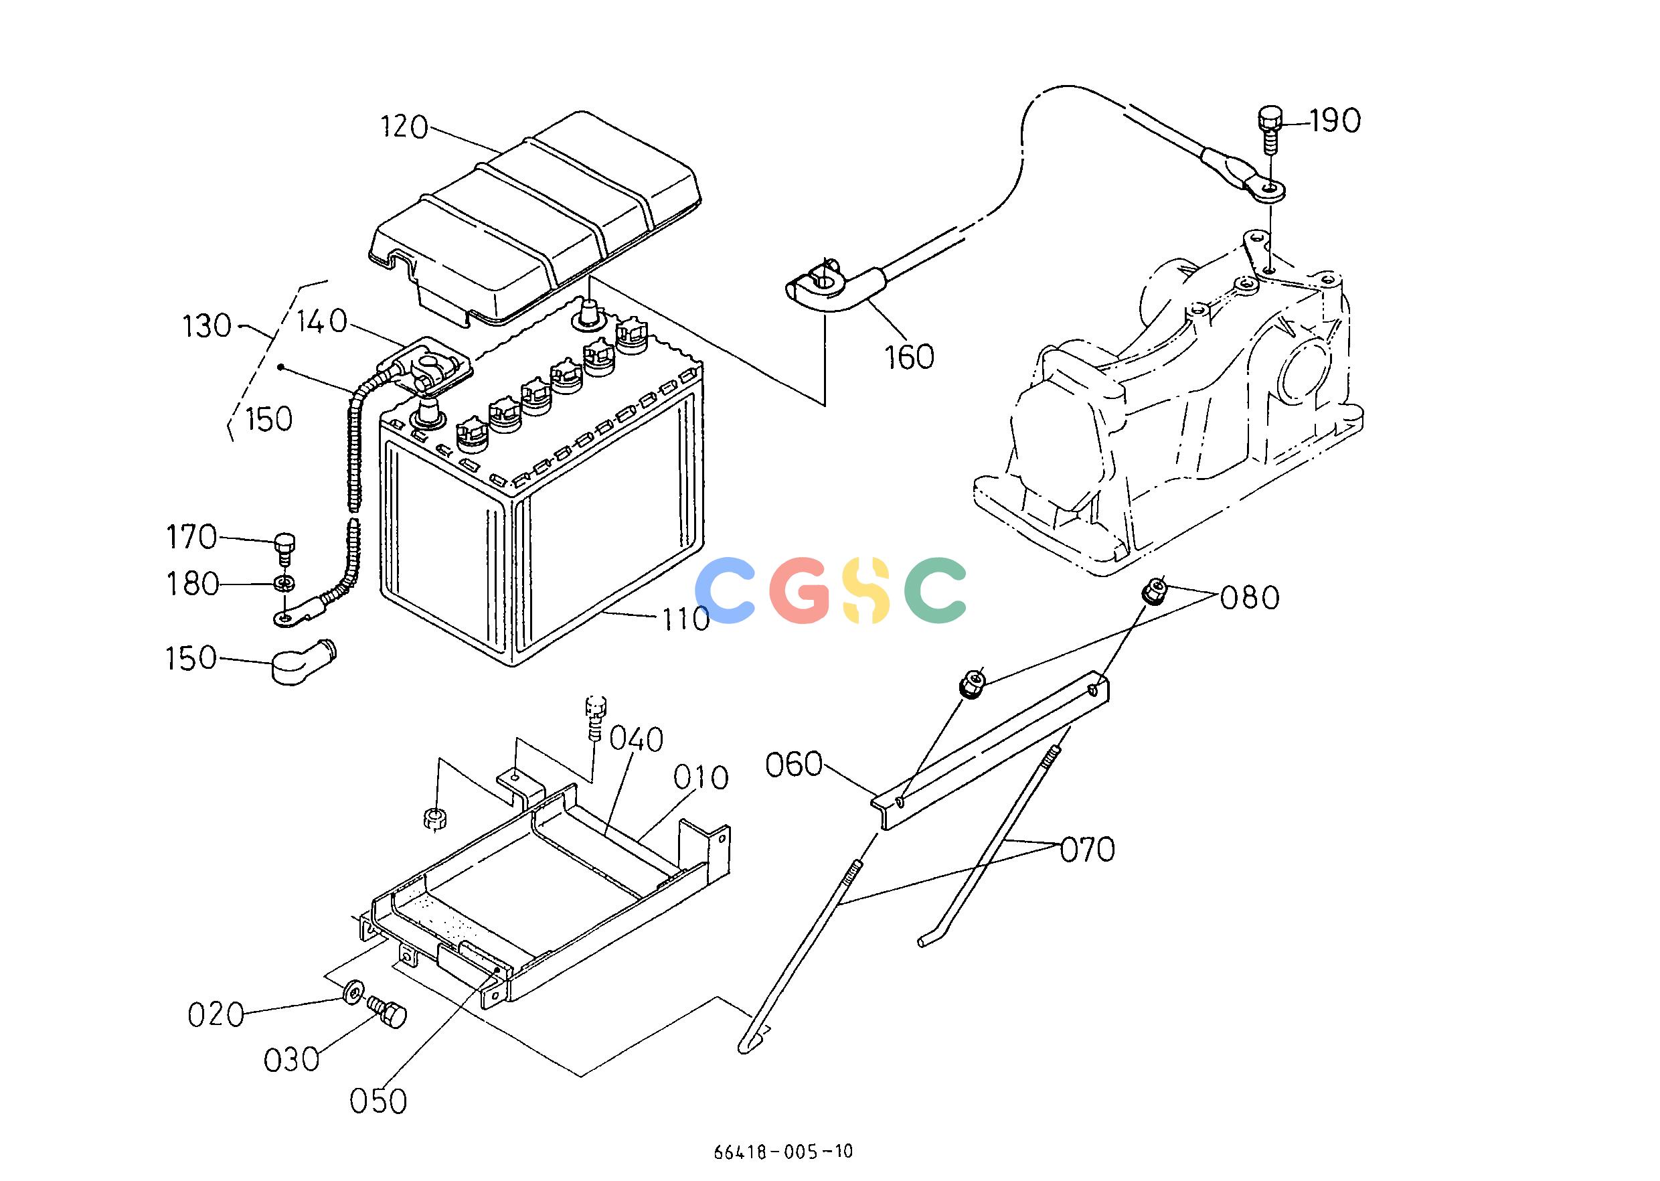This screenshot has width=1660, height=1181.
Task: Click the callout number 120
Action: (405, 127)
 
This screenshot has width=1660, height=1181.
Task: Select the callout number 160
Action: (909, 357)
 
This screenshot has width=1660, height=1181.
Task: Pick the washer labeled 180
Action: (285, 583)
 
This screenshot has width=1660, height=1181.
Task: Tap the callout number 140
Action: (323, 321)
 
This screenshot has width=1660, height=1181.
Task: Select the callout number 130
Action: (207, 327)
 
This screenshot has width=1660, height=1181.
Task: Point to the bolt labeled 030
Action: (386, 1012)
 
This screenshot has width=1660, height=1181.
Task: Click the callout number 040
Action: (637, 740)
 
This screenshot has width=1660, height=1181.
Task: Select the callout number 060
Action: (794, 765)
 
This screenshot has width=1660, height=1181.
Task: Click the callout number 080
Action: (1249, 598)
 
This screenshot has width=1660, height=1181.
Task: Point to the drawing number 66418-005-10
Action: (783, 1151)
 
